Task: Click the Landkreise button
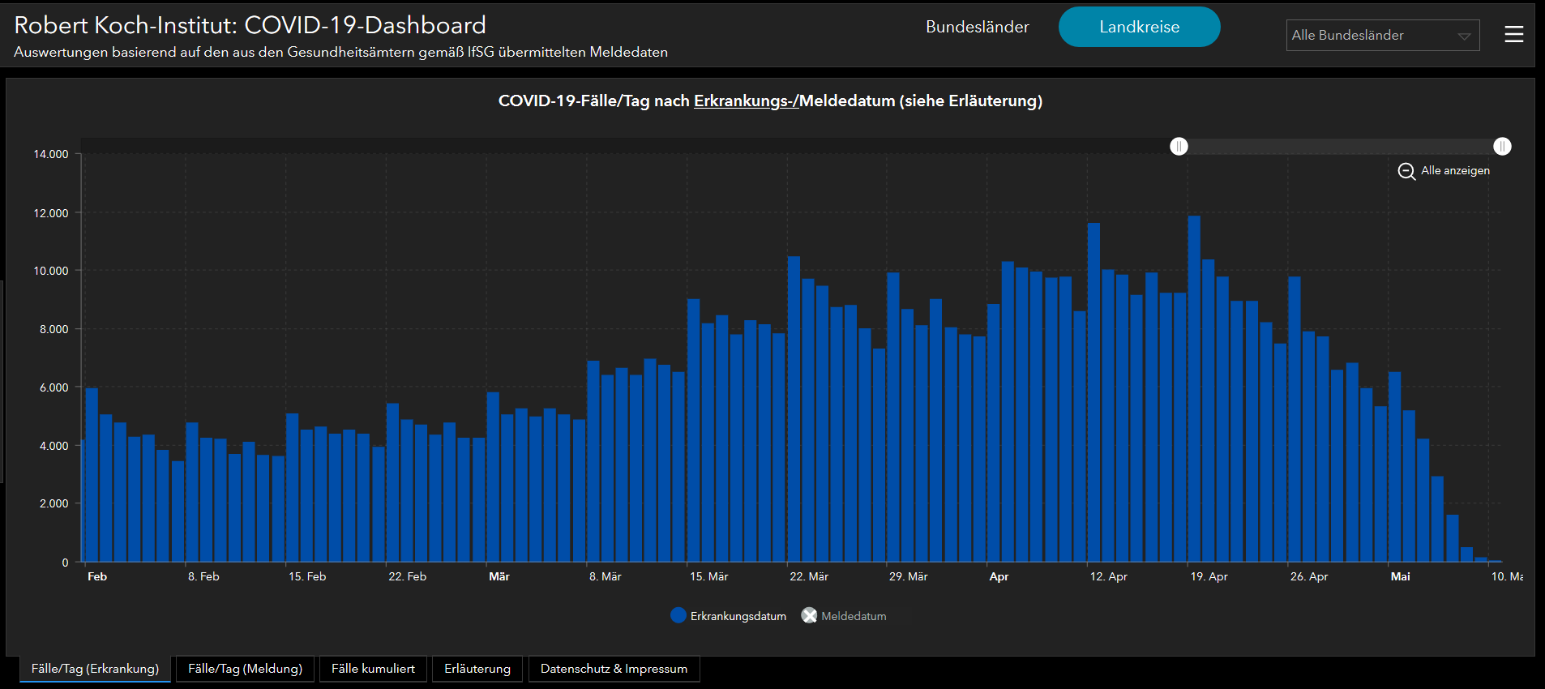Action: pos(1139,27)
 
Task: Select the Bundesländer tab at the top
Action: pos(977,27)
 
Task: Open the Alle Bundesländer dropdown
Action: pos(1382,36)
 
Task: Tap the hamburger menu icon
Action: pos(1513,34)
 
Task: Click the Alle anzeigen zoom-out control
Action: pos(1444,171)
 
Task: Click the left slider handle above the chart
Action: pos(1179,146)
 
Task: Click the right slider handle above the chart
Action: pos(1502,146)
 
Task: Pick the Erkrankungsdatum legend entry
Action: pos(729,616)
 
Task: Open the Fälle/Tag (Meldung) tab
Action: pos(245,669)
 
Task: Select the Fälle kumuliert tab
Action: pos(373,669)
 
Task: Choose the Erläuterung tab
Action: pos(477,669)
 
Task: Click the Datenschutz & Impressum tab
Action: pos(614,669)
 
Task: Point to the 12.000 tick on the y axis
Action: pos(51,213)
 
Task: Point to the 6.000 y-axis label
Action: pos(54,387)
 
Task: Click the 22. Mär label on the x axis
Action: pos(809,576)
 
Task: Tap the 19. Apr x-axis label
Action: pos(1209,576)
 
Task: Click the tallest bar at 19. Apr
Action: pos(1194,389)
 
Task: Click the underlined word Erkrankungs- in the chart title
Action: pos(744,101)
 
